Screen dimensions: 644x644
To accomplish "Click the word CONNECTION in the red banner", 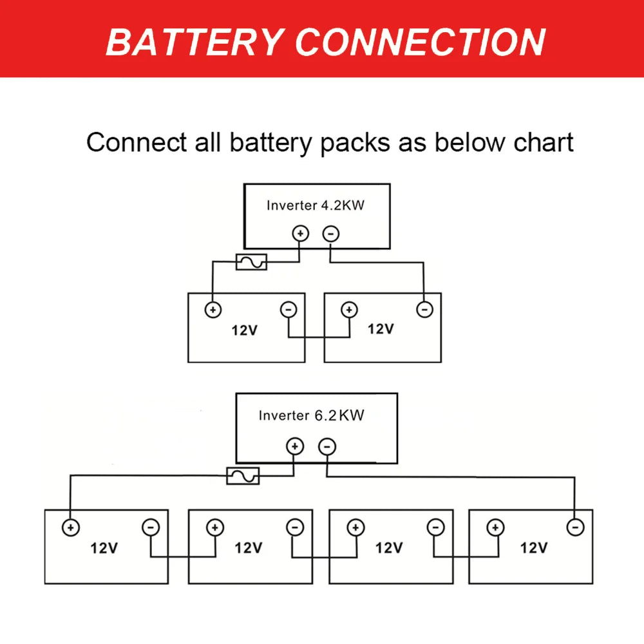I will click(420, 42).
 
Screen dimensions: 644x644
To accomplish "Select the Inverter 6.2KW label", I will click(311, 415).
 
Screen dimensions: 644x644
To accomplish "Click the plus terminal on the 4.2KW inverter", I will click(301, 233).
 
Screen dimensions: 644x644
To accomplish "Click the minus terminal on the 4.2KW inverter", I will click(330, 233).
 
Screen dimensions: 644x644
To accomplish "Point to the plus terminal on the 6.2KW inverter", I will click(295, 446).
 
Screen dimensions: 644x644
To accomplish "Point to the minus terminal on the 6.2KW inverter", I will click(327, 446).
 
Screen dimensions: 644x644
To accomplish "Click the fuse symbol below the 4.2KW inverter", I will click(251, 262).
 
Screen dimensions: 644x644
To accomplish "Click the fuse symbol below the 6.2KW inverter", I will click(243, 477).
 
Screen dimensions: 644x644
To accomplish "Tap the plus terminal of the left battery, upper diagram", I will click(213, 310).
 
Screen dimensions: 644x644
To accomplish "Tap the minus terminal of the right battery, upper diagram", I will click(424, 310).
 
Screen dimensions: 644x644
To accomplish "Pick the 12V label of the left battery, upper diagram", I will click(245, 331).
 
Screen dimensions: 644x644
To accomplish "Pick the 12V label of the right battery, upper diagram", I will click(381, 329).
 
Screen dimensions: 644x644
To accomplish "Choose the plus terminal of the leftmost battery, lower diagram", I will click(70, 527).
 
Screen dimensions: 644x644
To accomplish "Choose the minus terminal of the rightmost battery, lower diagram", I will click(575, 527).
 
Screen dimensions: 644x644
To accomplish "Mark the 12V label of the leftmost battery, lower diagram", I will click(104, 548).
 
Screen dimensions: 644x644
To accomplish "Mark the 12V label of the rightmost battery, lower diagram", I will click(534, 548).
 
